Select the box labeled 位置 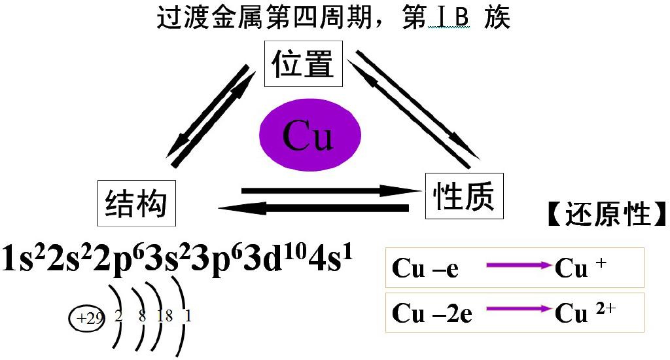point(303,65)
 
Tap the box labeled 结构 point(136,203)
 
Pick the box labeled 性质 point(464,195)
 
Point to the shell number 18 point(165,317)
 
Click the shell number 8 point(142,317)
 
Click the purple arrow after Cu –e point(519,267)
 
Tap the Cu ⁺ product point(580,268)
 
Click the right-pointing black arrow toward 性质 point(330,191)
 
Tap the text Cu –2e point(432,314)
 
